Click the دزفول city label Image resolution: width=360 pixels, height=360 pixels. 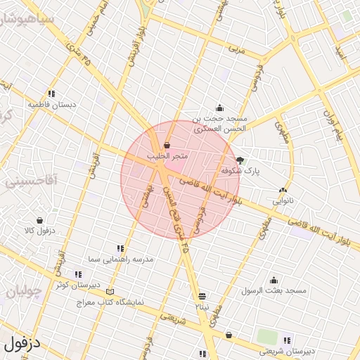click(x=22, y=344)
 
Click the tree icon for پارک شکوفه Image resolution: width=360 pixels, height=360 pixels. click(x=240, y=160)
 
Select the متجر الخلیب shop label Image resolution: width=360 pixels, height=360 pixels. click(x=167, y=155)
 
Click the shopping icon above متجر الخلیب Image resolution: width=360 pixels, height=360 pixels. click(x=167, y=145)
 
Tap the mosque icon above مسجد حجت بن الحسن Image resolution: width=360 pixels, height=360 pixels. click(x=219, y=108)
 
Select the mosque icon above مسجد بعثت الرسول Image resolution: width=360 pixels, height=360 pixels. click(x=274, y=280)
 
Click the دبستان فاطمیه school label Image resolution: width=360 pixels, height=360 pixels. click(x=51, y=104)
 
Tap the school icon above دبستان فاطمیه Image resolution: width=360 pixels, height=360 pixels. click(x=51, y=94)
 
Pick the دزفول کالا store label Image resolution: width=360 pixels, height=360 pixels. click(x=39, y=231)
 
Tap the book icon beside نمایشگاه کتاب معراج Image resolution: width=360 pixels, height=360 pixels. click(x=108, y=292)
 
